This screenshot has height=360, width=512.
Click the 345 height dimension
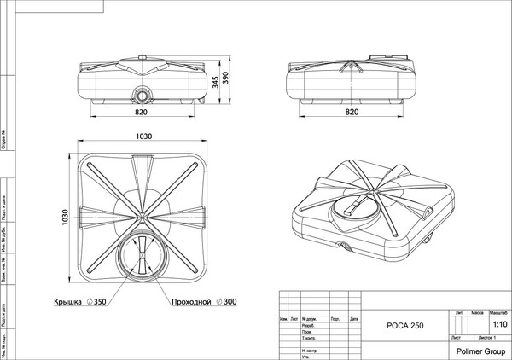217,84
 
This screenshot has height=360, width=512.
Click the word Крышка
74,303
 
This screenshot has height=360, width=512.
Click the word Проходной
191,303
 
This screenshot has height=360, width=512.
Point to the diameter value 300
228,303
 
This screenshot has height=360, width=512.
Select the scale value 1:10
498,325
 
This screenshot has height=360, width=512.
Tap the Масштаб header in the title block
498,313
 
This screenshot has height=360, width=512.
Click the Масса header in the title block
480,313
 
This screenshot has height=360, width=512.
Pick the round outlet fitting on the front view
140,91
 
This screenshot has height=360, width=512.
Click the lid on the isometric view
358,206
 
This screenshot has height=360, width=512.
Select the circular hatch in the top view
140,254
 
